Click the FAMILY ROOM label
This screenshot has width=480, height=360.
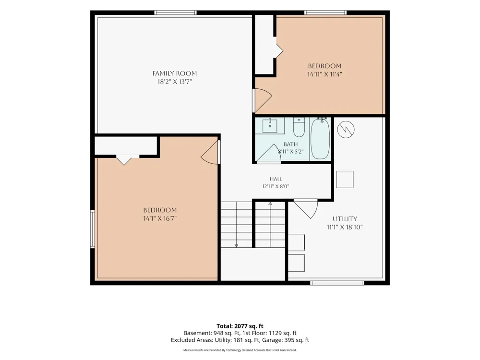(175, 73)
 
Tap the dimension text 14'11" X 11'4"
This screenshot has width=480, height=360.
(324, 74)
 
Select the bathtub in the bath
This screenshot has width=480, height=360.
(320, 139)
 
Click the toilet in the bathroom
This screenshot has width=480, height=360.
(299, 127)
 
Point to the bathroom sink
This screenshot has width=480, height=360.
(270, 126)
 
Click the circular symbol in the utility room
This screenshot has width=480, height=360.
(346, 130)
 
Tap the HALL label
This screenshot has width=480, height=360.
(276, 179)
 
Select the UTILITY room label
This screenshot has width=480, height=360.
(345, 219)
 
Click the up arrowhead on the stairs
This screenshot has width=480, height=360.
(270, 204)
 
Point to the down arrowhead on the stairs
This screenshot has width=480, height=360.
(236, 245)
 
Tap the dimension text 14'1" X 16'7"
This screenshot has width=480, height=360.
(160, 218)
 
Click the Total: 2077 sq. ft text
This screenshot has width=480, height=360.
(240, 326)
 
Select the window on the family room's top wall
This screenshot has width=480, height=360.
(175, 12)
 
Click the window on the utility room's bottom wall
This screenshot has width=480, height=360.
(337, 283)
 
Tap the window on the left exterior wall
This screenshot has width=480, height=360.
(92, 228)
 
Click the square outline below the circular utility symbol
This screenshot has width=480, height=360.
(345, 180)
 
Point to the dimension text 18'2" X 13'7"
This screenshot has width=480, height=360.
(175, 82)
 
